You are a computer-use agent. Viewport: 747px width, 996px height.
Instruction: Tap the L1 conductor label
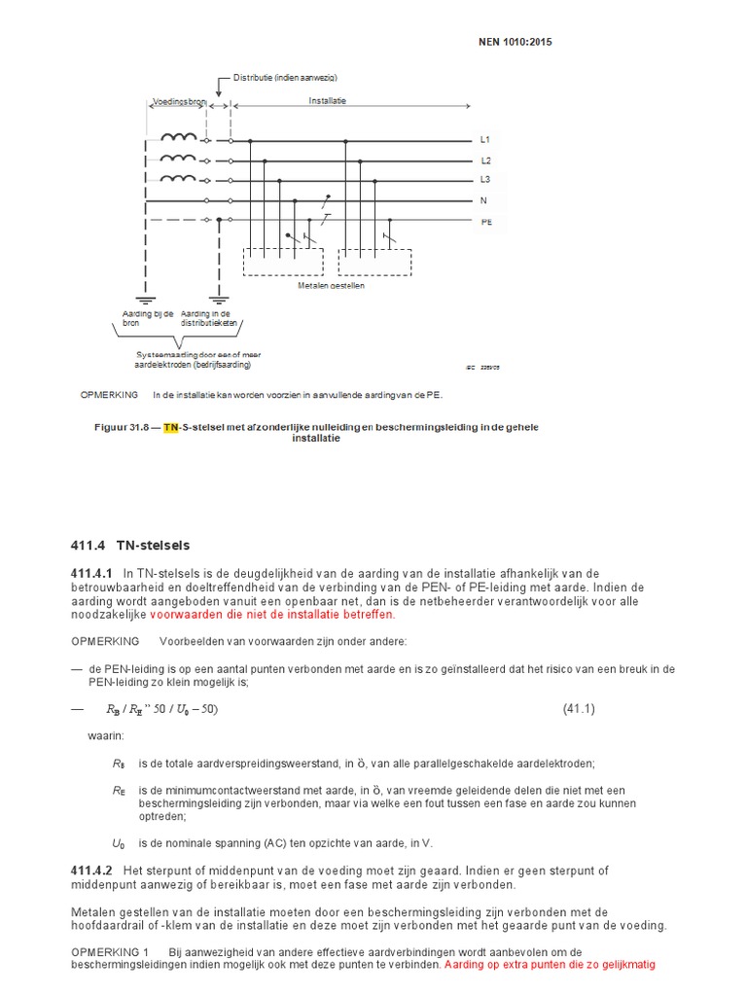(x=486, y=140)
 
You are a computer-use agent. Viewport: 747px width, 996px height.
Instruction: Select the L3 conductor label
(x=486, y=180)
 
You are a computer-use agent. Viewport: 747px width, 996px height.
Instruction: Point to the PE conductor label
(x=486, y=221)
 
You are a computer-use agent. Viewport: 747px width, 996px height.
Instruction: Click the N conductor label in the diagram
(x=483, y=200)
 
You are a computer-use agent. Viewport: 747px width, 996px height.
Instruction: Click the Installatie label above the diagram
(x=328, y=100)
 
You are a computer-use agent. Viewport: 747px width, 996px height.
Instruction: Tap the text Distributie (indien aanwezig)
(x=285, y=78)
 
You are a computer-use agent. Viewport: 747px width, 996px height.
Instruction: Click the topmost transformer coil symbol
(x=177, y=139)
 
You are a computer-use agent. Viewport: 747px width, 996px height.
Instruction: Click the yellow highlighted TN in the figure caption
(x=171, y=427)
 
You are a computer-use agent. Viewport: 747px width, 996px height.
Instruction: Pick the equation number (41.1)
(x=579, y=709)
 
